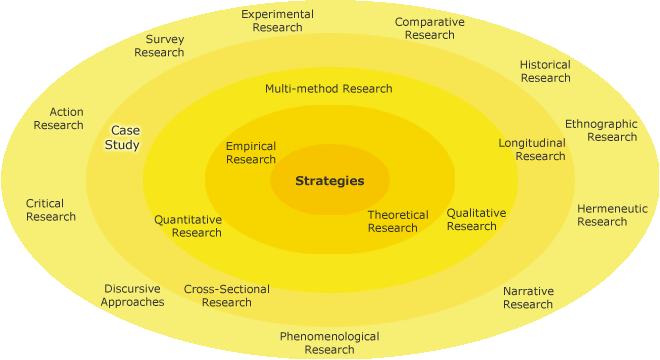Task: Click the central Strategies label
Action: coord(329,181)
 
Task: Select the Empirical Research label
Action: coord(251,153)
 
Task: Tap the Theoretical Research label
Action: coord(398,221)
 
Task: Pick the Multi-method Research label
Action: coord(329,88)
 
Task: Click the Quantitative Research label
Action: coord(188,226)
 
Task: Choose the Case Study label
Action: coord(123,138)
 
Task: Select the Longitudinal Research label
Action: coord(533,149)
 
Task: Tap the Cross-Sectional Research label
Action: coord(227,296)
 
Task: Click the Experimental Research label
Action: coord(278,21)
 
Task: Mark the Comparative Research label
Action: coord(429,28)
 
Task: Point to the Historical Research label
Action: coord(545,71)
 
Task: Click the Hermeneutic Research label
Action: coord(612,215)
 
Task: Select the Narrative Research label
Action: coord(528,298)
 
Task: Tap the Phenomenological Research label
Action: coord(329,343)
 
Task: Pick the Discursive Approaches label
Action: coord(132,296)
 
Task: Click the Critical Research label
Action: coord(51,210)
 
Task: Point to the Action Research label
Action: coord(59,119)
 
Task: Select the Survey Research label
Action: coord(159,46)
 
